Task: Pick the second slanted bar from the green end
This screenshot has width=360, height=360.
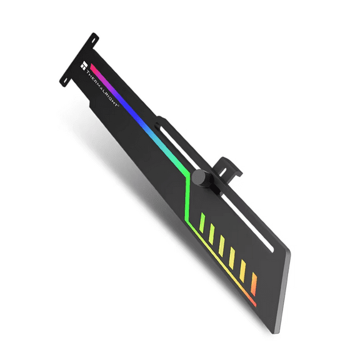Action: [x=212, y=232]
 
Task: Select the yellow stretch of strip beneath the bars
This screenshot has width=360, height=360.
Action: [x=219, y=262]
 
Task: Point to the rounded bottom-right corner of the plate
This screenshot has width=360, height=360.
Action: [x=288, y=255]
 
